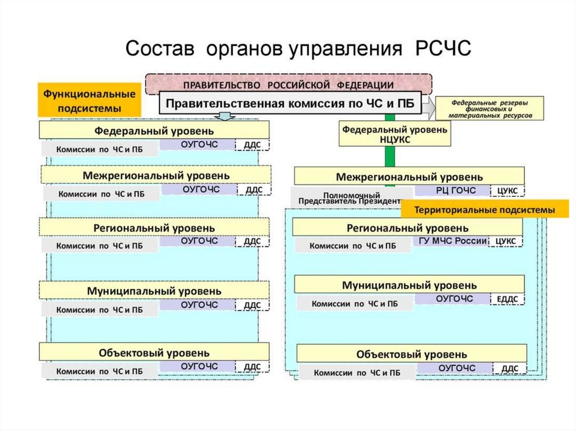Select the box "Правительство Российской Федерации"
[x=289, y=84]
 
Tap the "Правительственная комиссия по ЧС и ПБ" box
[x=292, y=103]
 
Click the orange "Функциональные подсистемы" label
[x=89, y=99]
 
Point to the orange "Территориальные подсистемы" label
[x=484, y=210]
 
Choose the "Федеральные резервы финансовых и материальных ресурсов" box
[x=490, y=108]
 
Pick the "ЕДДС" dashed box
[x=507, y=299]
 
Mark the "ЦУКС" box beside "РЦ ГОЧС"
[x=507, y=190]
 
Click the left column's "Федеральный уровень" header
[x=154, y=130]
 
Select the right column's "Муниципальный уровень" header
[x=409, y=285]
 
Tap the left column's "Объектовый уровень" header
[x=154, y=353]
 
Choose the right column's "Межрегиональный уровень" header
[x=409, y=176]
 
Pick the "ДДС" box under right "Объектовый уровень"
[x=510, y=368]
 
